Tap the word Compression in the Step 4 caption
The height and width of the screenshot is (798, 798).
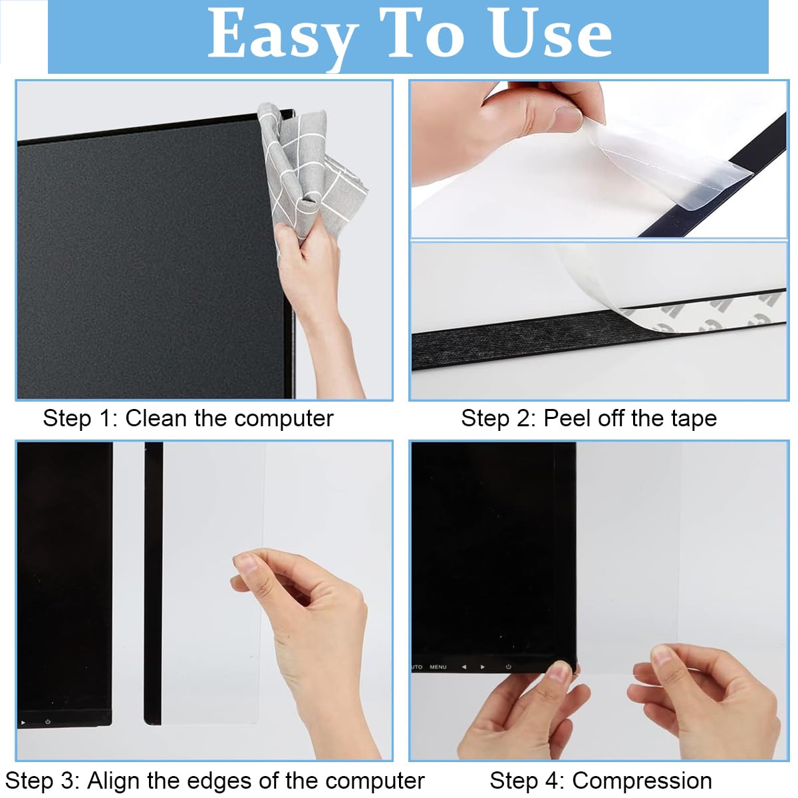tap(642, 780)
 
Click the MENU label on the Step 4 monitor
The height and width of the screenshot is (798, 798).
tap(438, 666)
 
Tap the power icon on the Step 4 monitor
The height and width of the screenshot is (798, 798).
tap(508, 666)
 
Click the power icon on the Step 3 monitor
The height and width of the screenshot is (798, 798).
tap(48, 722)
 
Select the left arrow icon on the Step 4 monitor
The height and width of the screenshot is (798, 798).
tap(464, 666)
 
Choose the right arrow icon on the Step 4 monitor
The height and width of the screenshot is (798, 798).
tap(483, 666)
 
